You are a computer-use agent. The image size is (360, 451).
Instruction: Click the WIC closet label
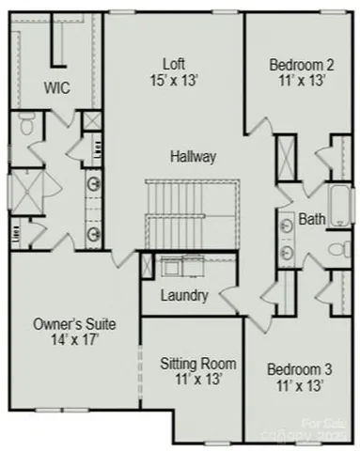point(58,87)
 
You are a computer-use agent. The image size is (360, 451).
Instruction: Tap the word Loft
point(174,64)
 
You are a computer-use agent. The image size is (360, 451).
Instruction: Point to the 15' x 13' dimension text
point(174,81)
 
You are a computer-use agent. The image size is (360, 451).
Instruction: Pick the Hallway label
point(194,156)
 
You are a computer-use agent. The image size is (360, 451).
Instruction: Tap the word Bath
point(312,220)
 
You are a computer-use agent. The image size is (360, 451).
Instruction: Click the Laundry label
point(184,295)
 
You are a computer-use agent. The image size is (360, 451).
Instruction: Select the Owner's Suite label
point(75,324)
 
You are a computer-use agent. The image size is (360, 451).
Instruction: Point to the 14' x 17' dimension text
point(75,341)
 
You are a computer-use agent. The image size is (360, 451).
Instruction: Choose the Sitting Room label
point(197,364)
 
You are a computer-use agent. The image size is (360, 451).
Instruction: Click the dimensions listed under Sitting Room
point(197,381)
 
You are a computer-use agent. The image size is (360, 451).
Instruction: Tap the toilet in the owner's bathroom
point(27,123)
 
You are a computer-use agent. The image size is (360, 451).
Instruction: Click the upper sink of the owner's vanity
point(94,184)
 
